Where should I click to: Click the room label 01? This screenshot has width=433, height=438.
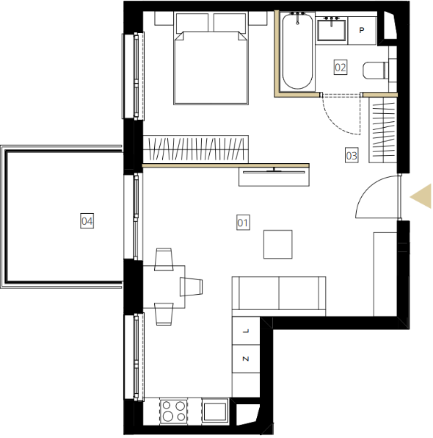tap(243, 223)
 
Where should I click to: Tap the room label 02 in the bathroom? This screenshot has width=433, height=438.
tap(341, 68)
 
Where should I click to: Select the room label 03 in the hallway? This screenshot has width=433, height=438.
tap(352, 155)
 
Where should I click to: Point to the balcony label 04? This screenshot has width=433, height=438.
tap(87, 221)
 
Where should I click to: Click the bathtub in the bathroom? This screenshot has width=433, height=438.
tap(297, 51)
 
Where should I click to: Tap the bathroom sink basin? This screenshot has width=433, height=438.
tap(332, 30)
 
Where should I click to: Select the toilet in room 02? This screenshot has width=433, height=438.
tap(376, 70)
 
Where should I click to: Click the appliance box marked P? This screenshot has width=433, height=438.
tap(362, 30)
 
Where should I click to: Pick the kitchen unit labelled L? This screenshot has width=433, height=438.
tap(246, 331)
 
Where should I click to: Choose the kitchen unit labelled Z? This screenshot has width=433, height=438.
tap(246, 359)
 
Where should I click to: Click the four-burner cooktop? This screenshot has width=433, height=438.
tap(173, 412)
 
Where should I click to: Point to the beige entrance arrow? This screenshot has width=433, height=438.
tap(421, 196)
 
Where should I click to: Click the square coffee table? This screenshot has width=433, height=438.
tap(278, 245)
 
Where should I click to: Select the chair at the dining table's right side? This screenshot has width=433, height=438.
tap(191, 287)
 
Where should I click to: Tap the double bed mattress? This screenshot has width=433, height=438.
tap(211, 68)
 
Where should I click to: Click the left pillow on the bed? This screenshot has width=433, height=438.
tap(192, 22)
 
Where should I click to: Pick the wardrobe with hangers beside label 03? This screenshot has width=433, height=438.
tap(383, 129)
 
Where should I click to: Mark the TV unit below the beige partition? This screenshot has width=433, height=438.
tap(274, 176)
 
